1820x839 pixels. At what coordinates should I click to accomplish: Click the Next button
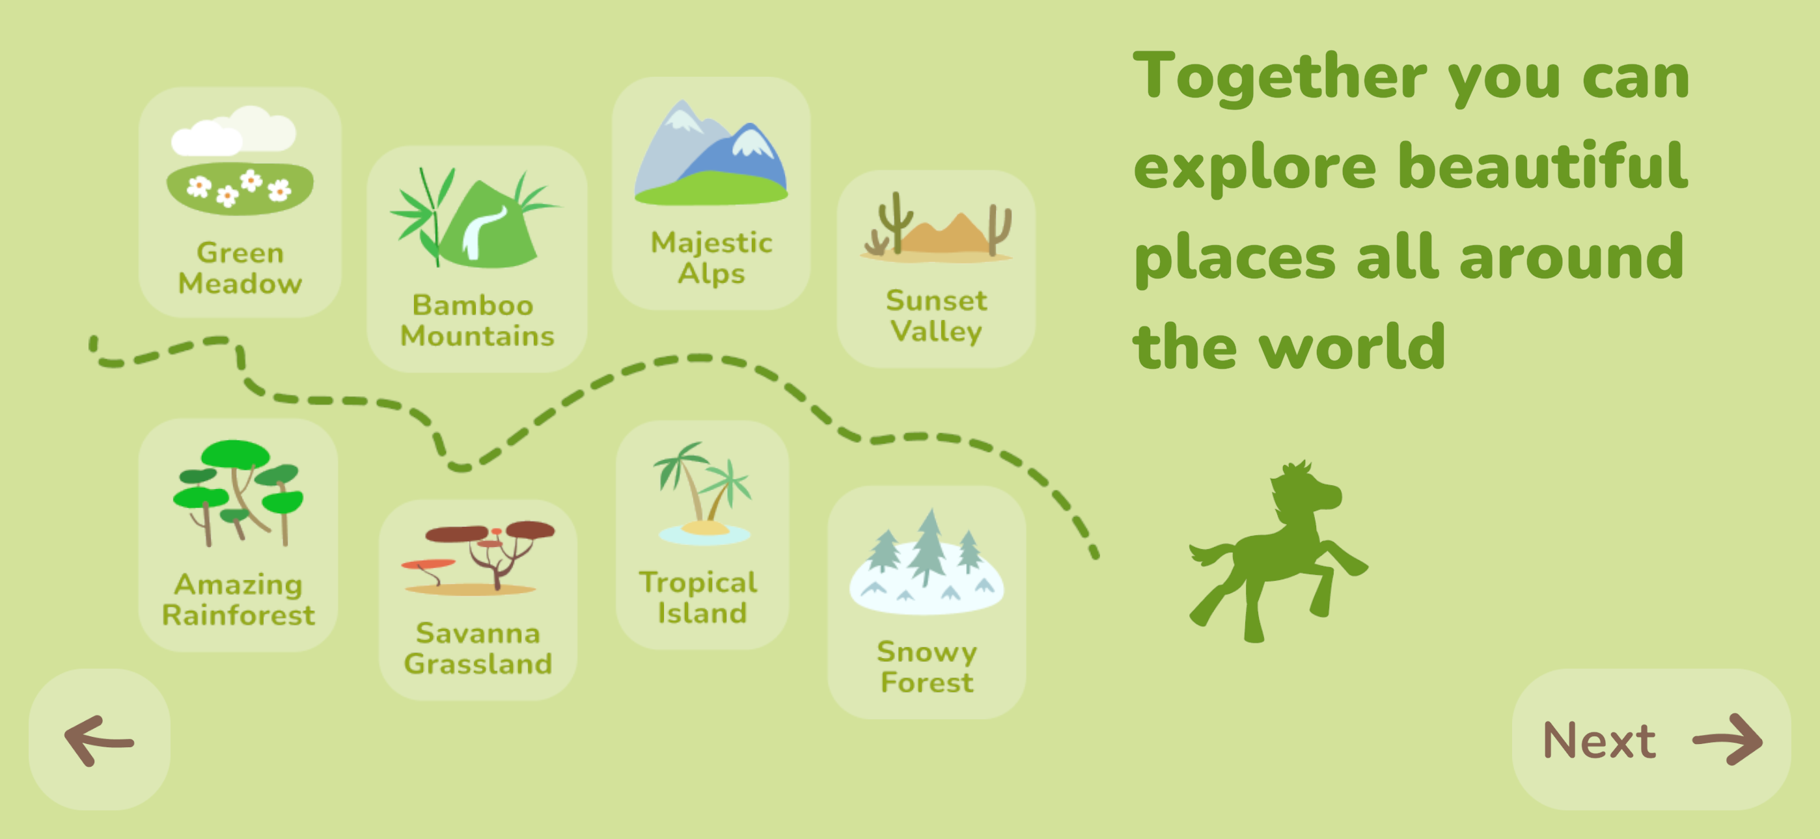[1651, 739]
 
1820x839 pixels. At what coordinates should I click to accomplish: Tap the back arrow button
[100, 739]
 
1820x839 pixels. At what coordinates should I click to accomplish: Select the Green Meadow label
[240, 268]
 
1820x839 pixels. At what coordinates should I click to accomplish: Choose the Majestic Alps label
[711, 258]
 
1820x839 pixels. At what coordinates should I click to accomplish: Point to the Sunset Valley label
[936, 315]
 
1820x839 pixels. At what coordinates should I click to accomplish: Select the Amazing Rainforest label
[239, 600]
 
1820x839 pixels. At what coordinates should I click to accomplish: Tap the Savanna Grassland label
[478, 648]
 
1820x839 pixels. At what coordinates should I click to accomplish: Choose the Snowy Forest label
[927, 667]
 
